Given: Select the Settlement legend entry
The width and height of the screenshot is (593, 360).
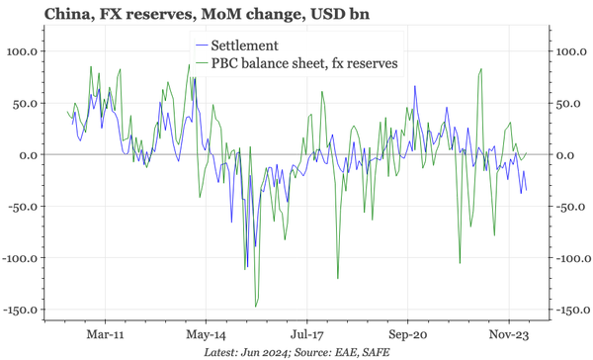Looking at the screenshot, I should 253,46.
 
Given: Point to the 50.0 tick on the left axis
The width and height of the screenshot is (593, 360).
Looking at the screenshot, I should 28,103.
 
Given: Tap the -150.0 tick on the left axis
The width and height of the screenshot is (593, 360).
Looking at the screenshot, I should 22,310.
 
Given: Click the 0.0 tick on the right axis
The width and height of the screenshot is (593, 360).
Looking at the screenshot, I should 563,155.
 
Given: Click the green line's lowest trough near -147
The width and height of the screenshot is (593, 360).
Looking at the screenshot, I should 255,306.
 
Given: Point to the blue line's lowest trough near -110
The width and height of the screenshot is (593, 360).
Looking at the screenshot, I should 246,268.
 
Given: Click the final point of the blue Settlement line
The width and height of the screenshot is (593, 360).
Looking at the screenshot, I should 526,190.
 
